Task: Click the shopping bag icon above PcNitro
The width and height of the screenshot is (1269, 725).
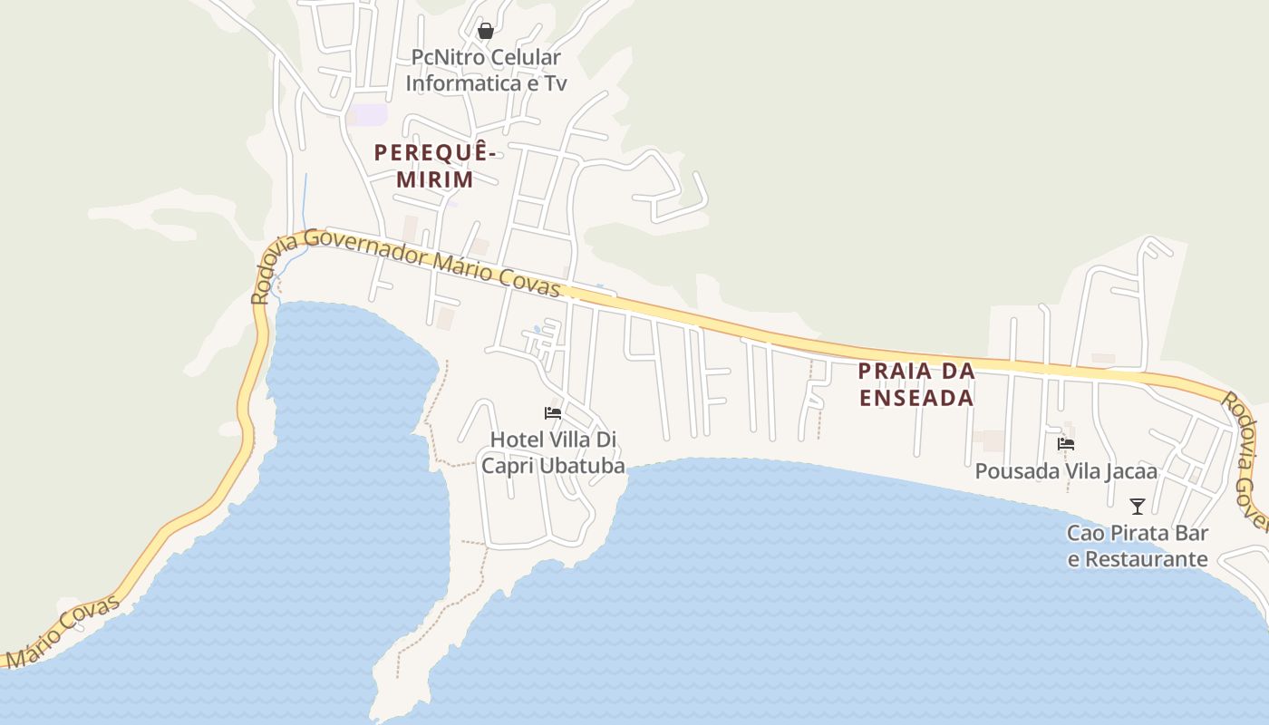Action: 486,31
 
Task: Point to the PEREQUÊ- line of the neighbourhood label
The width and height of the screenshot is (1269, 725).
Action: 435,152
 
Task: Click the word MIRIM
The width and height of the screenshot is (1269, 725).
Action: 435,179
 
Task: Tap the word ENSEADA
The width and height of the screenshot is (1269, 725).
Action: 916,398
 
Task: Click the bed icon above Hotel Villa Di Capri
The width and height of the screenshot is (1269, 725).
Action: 553,413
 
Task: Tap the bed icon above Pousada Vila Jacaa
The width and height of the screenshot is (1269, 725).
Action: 1066,444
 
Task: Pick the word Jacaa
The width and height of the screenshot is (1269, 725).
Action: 1131,472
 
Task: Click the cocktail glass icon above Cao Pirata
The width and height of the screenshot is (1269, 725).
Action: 1138,507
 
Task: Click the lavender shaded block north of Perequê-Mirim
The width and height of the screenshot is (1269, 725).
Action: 369,115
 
